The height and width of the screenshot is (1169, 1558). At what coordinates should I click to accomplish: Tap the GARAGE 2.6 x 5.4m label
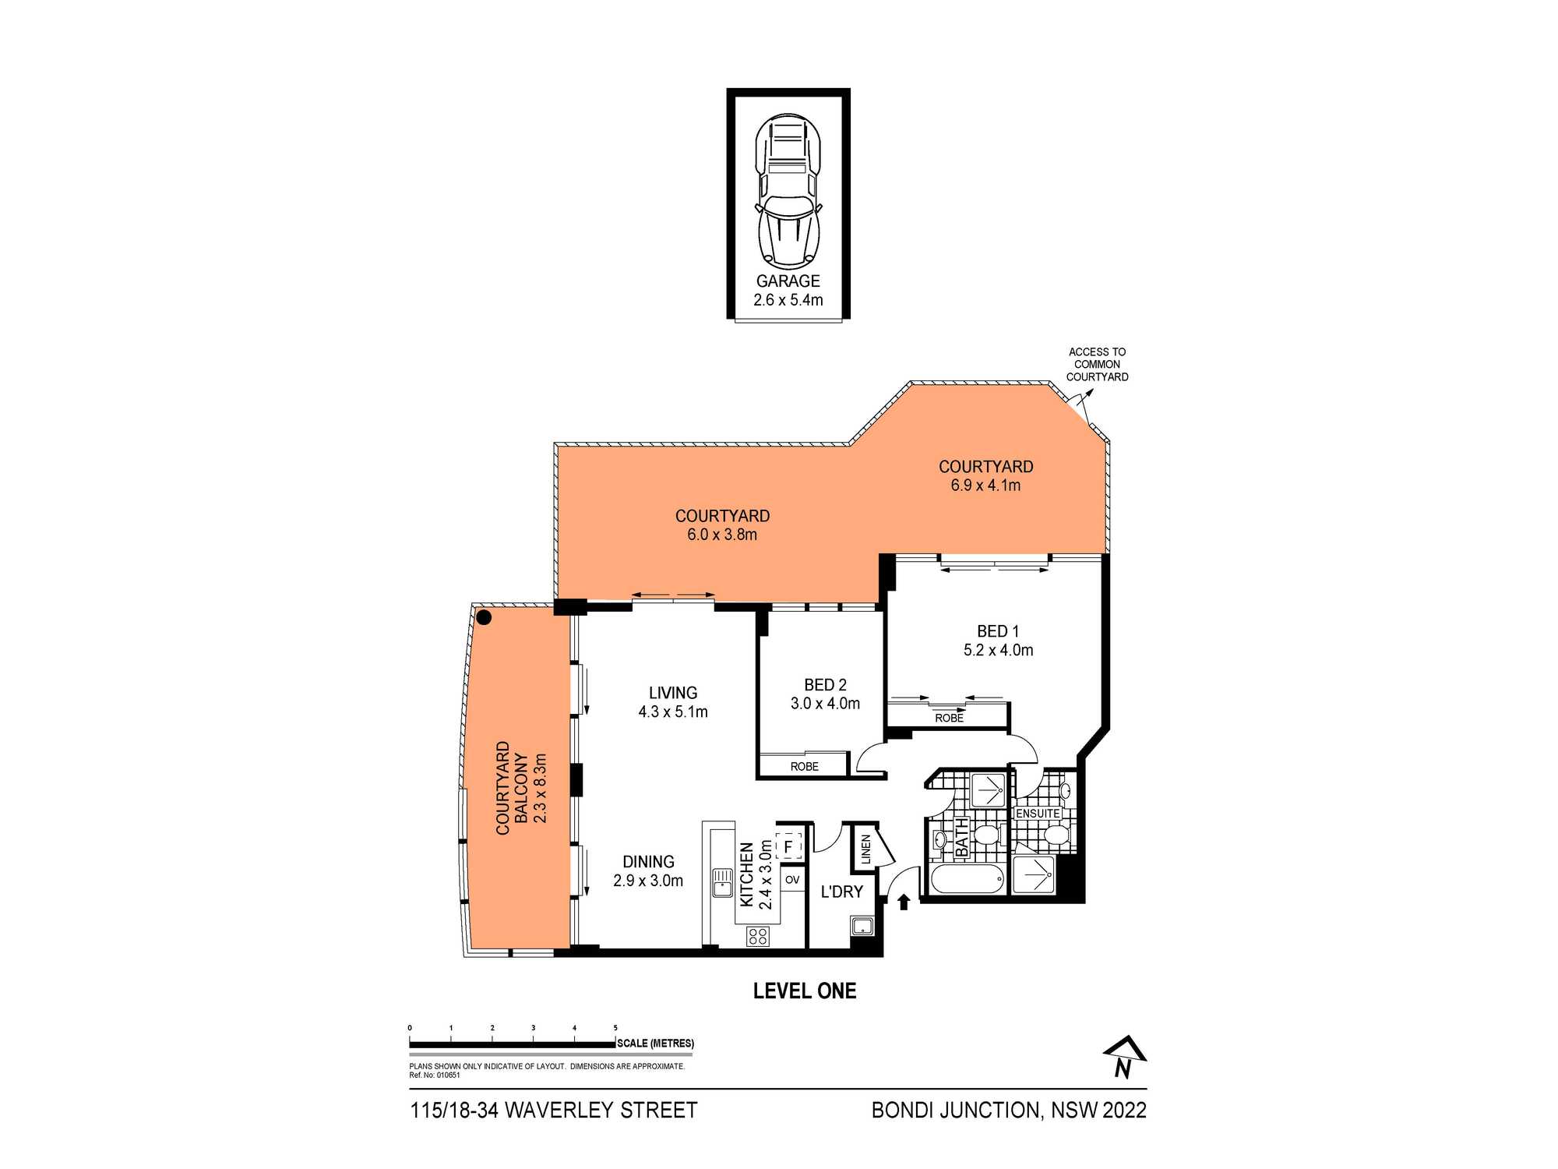pos(788,291)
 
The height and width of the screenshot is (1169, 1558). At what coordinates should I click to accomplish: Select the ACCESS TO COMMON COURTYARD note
pos(1097,364)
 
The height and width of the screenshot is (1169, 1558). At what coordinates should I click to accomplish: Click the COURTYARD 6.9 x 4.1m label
pos(985,475)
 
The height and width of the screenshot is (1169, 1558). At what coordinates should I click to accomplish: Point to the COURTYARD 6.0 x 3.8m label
pos(722,524)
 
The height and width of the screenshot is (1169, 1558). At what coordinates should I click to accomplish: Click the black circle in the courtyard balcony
pos(484,618)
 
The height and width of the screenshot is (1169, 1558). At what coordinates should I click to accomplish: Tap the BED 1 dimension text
pos(998,650)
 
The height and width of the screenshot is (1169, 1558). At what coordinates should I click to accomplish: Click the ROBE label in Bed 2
pos(804,766)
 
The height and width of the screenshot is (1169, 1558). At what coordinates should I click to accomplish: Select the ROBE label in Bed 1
pos(949,718)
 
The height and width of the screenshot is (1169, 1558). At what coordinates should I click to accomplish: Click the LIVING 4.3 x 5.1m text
pos(673,701)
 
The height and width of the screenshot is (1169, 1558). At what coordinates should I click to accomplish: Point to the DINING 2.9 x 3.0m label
pos(648,871)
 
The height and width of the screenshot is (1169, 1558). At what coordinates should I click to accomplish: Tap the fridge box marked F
pos(788,846)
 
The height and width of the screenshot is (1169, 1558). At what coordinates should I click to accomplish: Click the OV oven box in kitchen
pos(792,880)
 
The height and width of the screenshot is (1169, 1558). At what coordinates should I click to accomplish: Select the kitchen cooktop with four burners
pos(758,935)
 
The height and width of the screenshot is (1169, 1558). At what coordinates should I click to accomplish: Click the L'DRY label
pos(841,892)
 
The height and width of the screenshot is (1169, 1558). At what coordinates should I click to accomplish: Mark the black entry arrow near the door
pos(904,902)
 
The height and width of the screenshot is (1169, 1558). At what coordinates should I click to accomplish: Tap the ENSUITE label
pos(1038,813)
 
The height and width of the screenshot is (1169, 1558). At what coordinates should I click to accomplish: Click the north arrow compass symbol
pos(1125,1058)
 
